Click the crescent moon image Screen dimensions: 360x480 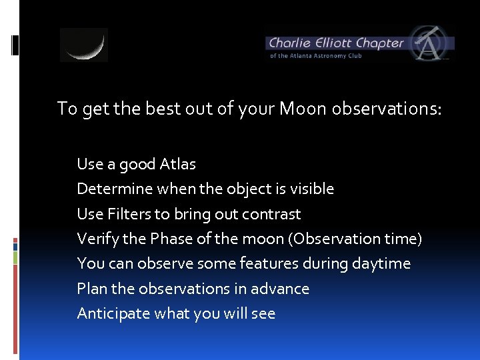(84, 45)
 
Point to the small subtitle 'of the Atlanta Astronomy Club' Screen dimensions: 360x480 (315, 56)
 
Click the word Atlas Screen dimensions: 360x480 (178, 164)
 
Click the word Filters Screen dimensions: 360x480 (127, 214)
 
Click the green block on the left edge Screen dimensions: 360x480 (15, 257)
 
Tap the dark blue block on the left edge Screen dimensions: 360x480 (15, 246)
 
